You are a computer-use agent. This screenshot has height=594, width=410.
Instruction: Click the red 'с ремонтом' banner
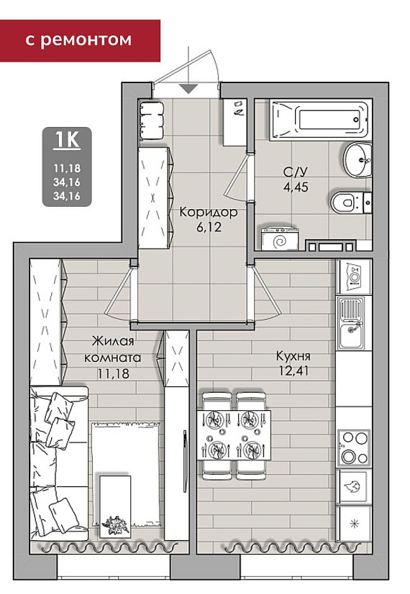point(80,40)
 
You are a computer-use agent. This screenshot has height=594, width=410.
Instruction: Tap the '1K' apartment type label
point(67,139)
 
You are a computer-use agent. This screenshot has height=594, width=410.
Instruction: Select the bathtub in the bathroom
point(319,120)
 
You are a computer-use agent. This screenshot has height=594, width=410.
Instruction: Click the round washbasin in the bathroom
point(357,159)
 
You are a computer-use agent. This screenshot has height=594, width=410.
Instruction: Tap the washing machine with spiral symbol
point(281,239)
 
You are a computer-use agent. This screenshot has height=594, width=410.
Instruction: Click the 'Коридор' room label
point(209,212)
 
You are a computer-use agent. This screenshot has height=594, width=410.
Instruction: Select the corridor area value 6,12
point(209,227)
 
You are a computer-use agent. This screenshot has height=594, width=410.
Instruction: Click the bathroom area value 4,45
point(296,187)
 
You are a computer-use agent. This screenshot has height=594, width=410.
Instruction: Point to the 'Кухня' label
point(293,356)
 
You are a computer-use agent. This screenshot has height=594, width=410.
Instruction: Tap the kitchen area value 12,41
point(293,371)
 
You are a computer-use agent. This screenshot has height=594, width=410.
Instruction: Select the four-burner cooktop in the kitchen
point(354,447)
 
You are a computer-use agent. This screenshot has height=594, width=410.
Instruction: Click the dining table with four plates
point(234,435)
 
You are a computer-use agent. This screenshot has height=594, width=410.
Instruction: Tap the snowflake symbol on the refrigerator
point(355,524)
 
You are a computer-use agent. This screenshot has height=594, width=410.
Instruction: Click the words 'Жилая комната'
point(113,349)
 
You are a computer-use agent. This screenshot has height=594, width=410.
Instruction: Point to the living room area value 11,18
point(113,373)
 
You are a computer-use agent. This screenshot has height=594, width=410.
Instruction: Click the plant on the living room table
point(115,525)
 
